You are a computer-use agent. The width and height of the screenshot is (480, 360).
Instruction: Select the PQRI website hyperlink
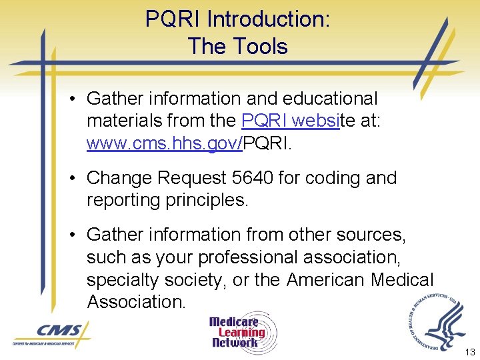click(290, 121)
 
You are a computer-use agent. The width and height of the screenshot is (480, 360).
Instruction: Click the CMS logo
click(51, 333)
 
